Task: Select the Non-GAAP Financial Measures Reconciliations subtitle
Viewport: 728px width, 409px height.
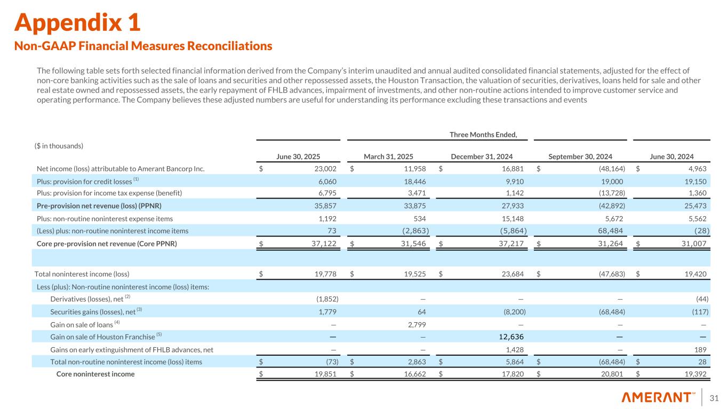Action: pos(143,46)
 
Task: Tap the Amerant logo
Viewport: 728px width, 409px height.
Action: pos(658,397)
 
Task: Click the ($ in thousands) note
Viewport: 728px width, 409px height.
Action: pos(59,145)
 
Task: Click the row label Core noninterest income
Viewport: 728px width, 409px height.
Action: pos(95,374)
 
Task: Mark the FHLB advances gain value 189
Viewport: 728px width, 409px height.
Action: pos(700,349)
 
